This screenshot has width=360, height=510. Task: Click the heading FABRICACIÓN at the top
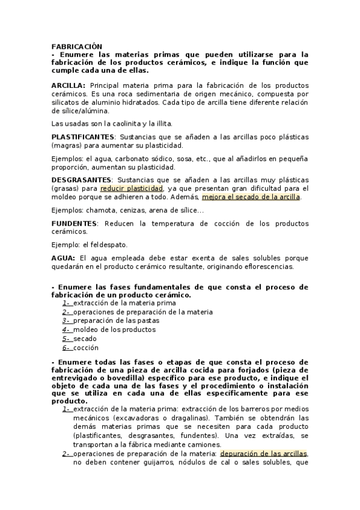pos(77,46)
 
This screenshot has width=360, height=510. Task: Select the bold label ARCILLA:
pos(69,86)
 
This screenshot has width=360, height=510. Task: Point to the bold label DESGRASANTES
pos(81,179)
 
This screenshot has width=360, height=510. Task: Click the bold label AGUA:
pos(64,257)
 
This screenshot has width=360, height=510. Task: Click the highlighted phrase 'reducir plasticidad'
pos(132,188)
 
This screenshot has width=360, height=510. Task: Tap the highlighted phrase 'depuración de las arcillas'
pos(263,453)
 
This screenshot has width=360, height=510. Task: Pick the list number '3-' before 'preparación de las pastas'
pos(67,321)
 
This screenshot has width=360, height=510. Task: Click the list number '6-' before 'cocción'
pos(67,348)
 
